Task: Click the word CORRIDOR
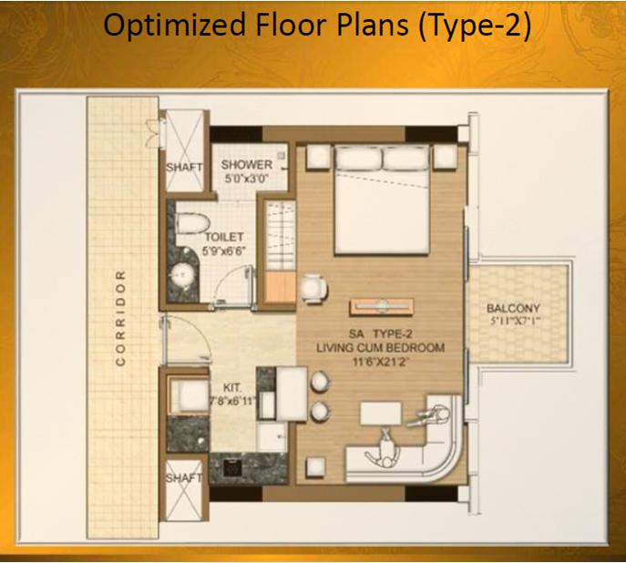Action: (120, 319)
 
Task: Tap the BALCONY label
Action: (513, 308)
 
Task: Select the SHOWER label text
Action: (247, 164)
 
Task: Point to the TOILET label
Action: (224, 237)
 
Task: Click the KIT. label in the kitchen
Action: (232, 387)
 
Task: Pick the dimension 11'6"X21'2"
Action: (381, 363)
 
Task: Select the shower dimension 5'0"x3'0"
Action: (246, 179)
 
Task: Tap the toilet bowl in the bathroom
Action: (193, 223)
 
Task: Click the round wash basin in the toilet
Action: (183, 274)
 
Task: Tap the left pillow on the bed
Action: (358, 159)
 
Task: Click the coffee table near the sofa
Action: (381, 413)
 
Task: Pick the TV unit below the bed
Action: (382, 306)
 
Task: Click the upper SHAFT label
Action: (184, 168)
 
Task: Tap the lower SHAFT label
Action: (184, 477)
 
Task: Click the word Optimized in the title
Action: (174, 26)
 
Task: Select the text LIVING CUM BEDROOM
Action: (381, 347)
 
